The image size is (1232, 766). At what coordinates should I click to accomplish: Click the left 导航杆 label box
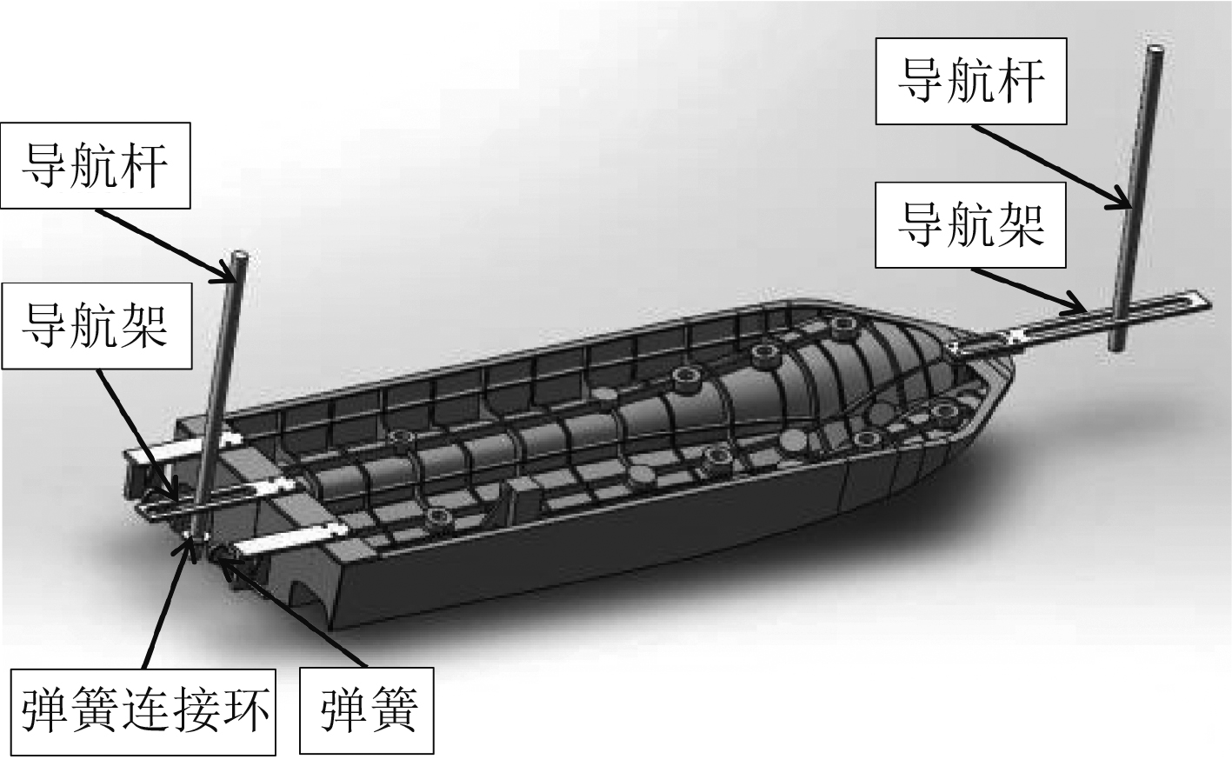coord(96,165)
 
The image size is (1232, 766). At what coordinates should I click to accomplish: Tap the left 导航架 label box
coord(96,324)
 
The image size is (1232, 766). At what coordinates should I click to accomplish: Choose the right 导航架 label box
coord(971,224)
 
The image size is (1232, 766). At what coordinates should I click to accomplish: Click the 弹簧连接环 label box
coord(142,710)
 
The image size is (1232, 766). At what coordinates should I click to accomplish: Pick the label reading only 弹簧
coord(368,710)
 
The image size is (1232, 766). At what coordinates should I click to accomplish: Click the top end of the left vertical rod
coord(240,257)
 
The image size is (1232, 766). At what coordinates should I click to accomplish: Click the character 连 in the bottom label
coord(142,710)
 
